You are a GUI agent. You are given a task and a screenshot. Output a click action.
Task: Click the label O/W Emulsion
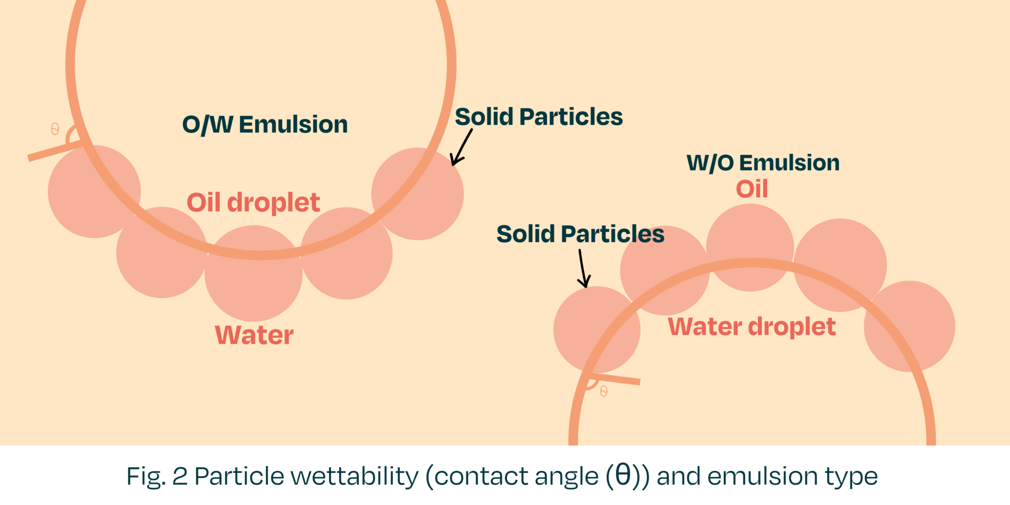coord(265,124)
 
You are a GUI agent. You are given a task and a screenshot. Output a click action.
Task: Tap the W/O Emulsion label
coord(763,163)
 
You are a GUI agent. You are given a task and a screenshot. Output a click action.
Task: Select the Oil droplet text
coord(253,203)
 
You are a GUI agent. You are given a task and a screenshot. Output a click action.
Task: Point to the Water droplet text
coord(752,327)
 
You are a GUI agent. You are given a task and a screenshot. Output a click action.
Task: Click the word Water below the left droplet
coord(254,335)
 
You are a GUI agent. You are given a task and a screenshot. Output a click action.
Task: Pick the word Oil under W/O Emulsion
coord(752,189)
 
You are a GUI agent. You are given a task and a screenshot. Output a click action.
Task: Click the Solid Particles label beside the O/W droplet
coord(539,117)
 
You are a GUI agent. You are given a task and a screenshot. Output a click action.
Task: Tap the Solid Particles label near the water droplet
coord(580,234)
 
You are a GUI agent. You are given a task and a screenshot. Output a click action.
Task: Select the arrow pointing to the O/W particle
coord(462,147)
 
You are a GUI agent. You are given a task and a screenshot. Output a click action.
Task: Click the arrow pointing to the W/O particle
coord(583,268)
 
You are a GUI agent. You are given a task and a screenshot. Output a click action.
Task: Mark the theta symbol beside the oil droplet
coord(55,129)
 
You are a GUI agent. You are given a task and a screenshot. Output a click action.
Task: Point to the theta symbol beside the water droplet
coord(604,392)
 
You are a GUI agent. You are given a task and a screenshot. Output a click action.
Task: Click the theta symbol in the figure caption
coord(623,476)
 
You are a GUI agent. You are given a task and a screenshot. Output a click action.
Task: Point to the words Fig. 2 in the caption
coord(156,476)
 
